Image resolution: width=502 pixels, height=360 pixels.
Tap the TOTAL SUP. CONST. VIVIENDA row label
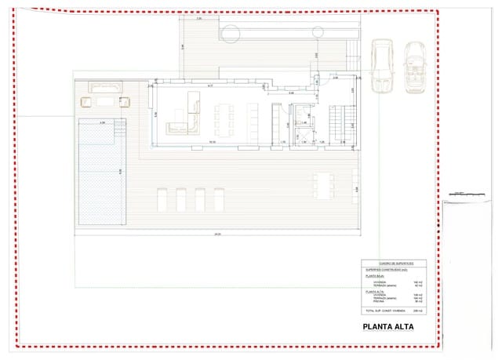[384, 311]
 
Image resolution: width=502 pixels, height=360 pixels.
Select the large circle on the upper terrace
[231, 33]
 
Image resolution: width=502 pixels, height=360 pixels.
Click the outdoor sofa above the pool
[104, 86]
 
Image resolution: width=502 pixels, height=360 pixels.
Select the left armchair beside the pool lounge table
[85, 100]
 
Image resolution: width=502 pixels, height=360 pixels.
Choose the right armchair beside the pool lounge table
[123, 100]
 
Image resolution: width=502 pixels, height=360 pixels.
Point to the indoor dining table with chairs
[224, 118]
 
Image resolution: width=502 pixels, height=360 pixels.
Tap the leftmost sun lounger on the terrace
[162, 199]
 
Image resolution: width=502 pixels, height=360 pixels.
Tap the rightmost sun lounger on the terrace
[219, 199]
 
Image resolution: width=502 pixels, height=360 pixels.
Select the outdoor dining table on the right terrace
[322, 186]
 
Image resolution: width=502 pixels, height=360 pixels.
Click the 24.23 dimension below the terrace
[216, 234]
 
